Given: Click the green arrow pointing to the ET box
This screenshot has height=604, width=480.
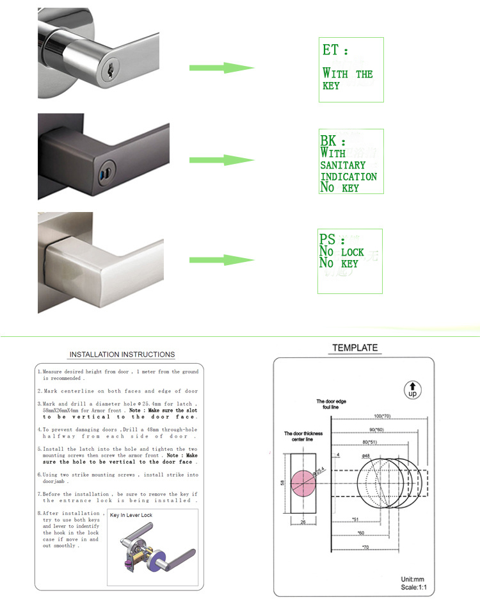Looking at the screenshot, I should click(221, 68).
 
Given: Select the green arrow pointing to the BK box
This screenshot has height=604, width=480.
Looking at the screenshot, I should click(221, 161).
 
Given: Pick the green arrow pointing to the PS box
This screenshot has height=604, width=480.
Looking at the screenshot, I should click(221, 259).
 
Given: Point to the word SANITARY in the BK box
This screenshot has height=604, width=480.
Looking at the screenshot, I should click(342, 165).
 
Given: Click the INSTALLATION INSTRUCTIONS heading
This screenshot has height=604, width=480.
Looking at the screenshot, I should click(122, 354).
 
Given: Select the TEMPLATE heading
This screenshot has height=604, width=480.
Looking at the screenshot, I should click(355, 348).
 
